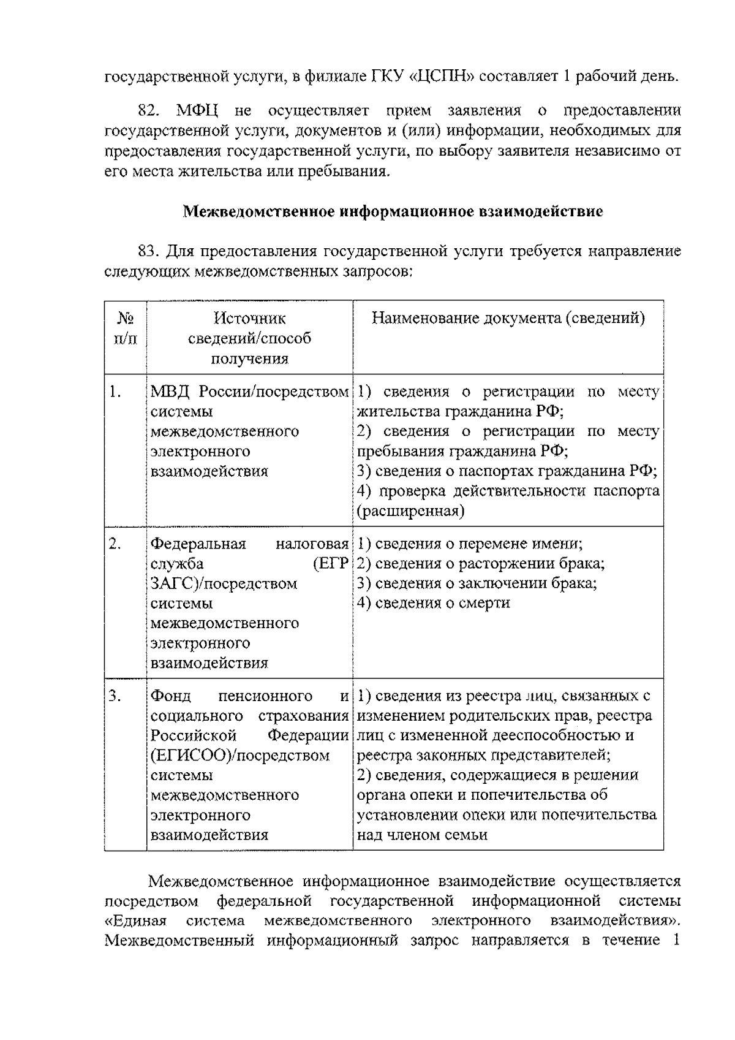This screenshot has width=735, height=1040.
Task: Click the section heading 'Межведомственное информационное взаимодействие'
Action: [393, 211]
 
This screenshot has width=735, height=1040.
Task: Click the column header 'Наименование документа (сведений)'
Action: [508, 318]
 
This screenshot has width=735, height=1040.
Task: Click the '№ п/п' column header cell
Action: [126, 328]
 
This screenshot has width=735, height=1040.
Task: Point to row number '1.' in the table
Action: [115, 392]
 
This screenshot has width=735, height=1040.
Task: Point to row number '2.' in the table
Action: [115, 544]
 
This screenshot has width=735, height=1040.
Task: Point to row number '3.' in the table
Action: [115, 696]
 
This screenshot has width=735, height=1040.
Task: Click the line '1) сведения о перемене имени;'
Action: [469, 544]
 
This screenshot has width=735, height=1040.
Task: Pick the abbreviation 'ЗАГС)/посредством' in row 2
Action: [224, 583]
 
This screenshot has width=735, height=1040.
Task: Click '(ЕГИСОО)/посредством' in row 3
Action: [239, 756]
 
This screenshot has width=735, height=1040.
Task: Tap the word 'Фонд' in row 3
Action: [171, 696]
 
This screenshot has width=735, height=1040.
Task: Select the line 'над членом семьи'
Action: [422, 835]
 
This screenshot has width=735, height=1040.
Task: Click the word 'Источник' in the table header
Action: [249, 318]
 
